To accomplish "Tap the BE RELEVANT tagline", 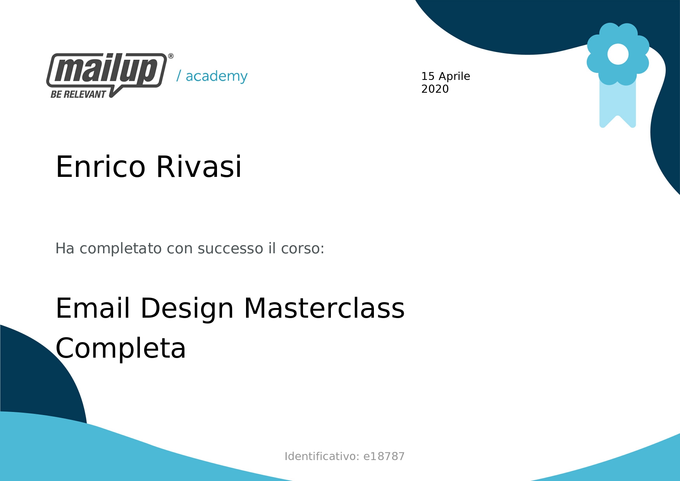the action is (78, 94).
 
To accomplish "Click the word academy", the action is (217, 76).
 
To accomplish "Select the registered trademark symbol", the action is (171, 56).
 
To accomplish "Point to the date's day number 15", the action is (428, 76).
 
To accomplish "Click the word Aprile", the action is (454, 76).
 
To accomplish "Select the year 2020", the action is (435, 89).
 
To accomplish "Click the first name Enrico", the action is (100, 167).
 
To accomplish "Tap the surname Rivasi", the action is (199, 167).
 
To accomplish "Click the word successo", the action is (231, 249).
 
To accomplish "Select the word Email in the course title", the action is (93, 308).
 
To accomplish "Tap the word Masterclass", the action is (324, 308).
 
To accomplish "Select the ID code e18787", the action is (384, 456).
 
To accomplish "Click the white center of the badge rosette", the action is (618, 54).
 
